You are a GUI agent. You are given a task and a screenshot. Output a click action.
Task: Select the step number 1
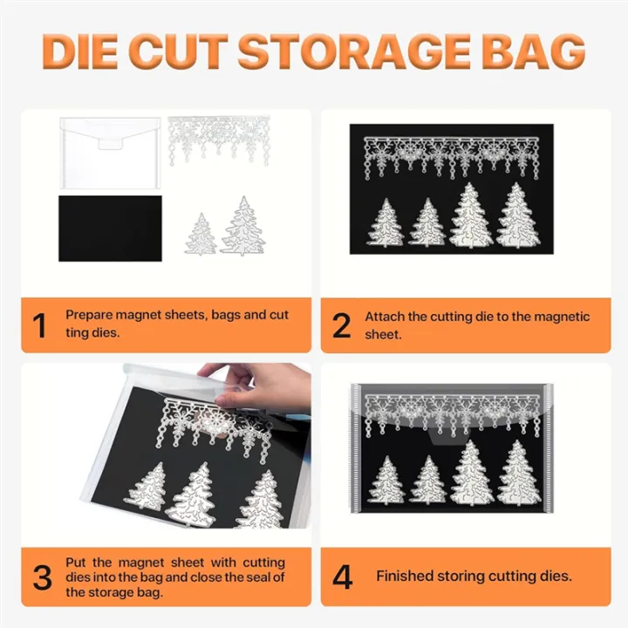tap(40, 325)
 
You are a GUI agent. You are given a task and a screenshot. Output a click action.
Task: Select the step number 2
tap(341, 325)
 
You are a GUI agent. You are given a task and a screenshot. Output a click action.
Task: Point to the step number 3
tap(41, 577)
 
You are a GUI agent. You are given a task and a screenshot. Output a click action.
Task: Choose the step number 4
tap(342, 577)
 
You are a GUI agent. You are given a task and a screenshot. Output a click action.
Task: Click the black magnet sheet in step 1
tap(110, 228)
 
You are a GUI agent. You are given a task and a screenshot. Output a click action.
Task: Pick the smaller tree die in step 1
tap(201, 234)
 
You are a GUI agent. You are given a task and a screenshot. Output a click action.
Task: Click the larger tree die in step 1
tap(243, 226)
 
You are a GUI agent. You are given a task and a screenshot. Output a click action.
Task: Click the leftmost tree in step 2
tap(386, 222)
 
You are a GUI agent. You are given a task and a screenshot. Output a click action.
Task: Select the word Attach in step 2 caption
tap(384, 317)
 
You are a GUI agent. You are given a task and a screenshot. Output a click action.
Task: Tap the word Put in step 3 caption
tap(76, 563)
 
